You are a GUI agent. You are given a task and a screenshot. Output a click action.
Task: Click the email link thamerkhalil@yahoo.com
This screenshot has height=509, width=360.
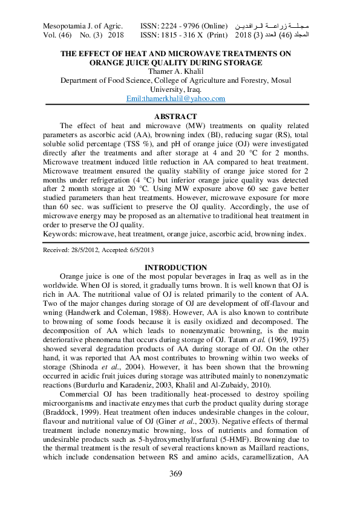click(175, 99)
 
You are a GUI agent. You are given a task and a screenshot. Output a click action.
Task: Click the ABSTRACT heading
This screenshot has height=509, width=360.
click(175, 116)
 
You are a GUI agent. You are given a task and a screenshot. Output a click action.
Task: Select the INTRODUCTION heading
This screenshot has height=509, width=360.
click(175, 268)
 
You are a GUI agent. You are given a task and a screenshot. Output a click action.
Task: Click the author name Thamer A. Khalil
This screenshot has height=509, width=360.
click(175, 71)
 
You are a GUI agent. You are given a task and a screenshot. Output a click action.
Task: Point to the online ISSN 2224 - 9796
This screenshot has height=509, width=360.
click(183, 26)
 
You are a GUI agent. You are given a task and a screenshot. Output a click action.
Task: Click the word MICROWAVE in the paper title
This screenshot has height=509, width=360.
click(182, 54)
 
